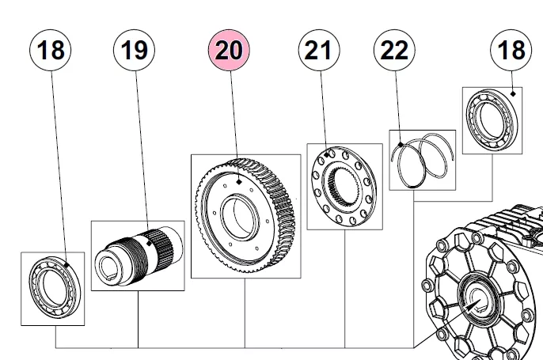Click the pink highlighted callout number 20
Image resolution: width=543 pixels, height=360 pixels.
click(229, 51)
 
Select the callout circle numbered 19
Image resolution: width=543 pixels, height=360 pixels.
click(135, 51)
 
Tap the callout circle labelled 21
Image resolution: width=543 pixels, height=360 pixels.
click(318, 51)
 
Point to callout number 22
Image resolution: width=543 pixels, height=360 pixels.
click(394, 51)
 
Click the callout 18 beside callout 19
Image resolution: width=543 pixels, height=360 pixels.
click(51, 51)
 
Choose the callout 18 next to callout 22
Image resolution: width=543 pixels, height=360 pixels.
click(511, 51)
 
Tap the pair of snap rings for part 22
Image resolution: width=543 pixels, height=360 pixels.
click(423, 159)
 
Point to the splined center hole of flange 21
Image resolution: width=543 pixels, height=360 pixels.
click(346, 188)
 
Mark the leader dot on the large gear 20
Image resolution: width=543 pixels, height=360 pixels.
click(238, 181)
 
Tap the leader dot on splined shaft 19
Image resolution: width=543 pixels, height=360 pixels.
click(148, 229)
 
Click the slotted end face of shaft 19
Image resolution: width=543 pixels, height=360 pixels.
click(108, 265)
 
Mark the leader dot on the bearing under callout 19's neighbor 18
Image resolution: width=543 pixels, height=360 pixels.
click(68, 265)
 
